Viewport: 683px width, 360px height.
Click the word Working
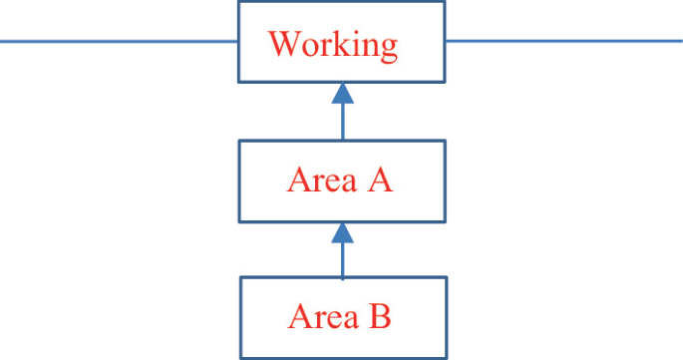[333, 46]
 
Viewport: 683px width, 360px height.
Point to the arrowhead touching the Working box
[342, 94]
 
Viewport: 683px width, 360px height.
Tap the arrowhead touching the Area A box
[342, 233]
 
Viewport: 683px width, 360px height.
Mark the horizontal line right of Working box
[564, 42]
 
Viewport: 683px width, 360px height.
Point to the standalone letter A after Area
[380, 181]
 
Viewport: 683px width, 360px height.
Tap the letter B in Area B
[380, 317]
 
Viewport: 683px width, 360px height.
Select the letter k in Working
[337, 45]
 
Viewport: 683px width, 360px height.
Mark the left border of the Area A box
[239, 181]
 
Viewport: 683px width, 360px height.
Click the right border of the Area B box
[446, 317]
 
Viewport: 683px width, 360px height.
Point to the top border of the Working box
[342, 2]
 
